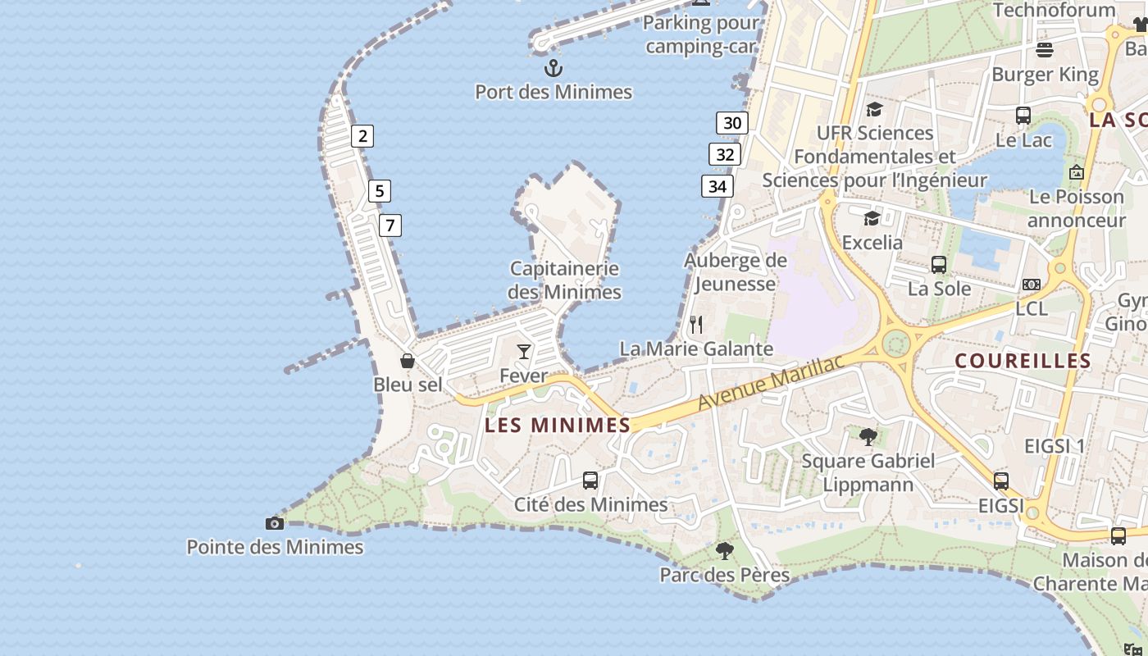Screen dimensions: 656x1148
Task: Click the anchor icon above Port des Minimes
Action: click(553, 68)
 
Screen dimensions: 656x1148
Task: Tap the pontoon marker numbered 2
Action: click(362, 136)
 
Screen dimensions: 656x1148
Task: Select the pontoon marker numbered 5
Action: click(379, 191)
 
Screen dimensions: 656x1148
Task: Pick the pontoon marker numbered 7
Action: click(390, 225)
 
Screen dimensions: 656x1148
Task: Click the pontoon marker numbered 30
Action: click(732, 123)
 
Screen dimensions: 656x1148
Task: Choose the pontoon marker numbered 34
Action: click(717, 186)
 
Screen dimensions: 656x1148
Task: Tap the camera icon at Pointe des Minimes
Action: click(275, 523)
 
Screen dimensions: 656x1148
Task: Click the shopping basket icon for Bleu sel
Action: click(408, 361)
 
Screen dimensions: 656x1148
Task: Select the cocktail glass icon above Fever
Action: click(524, 352)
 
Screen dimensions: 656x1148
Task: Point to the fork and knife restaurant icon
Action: click(696, 325)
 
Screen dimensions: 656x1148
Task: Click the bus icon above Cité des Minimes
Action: click(590, 481)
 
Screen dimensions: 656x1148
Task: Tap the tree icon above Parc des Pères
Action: click(724, 550)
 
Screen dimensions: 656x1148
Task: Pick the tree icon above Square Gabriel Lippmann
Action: click(868, 436)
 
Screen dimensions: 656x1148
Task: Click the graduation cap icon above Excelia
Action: click(872, 218)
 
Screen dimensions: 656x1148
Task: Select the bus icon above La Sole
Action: click(939, 265)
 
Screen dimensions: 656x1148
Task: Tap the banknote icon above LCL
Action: click(1032, 285)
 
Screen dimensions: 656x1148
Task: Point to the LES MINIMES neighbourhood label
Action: click(558, 425)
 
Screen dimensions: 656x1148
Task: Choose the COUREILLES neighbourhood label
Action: click(1023, 361)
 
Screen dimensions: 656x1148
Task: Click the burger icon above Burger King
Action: click(1045, 50)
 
